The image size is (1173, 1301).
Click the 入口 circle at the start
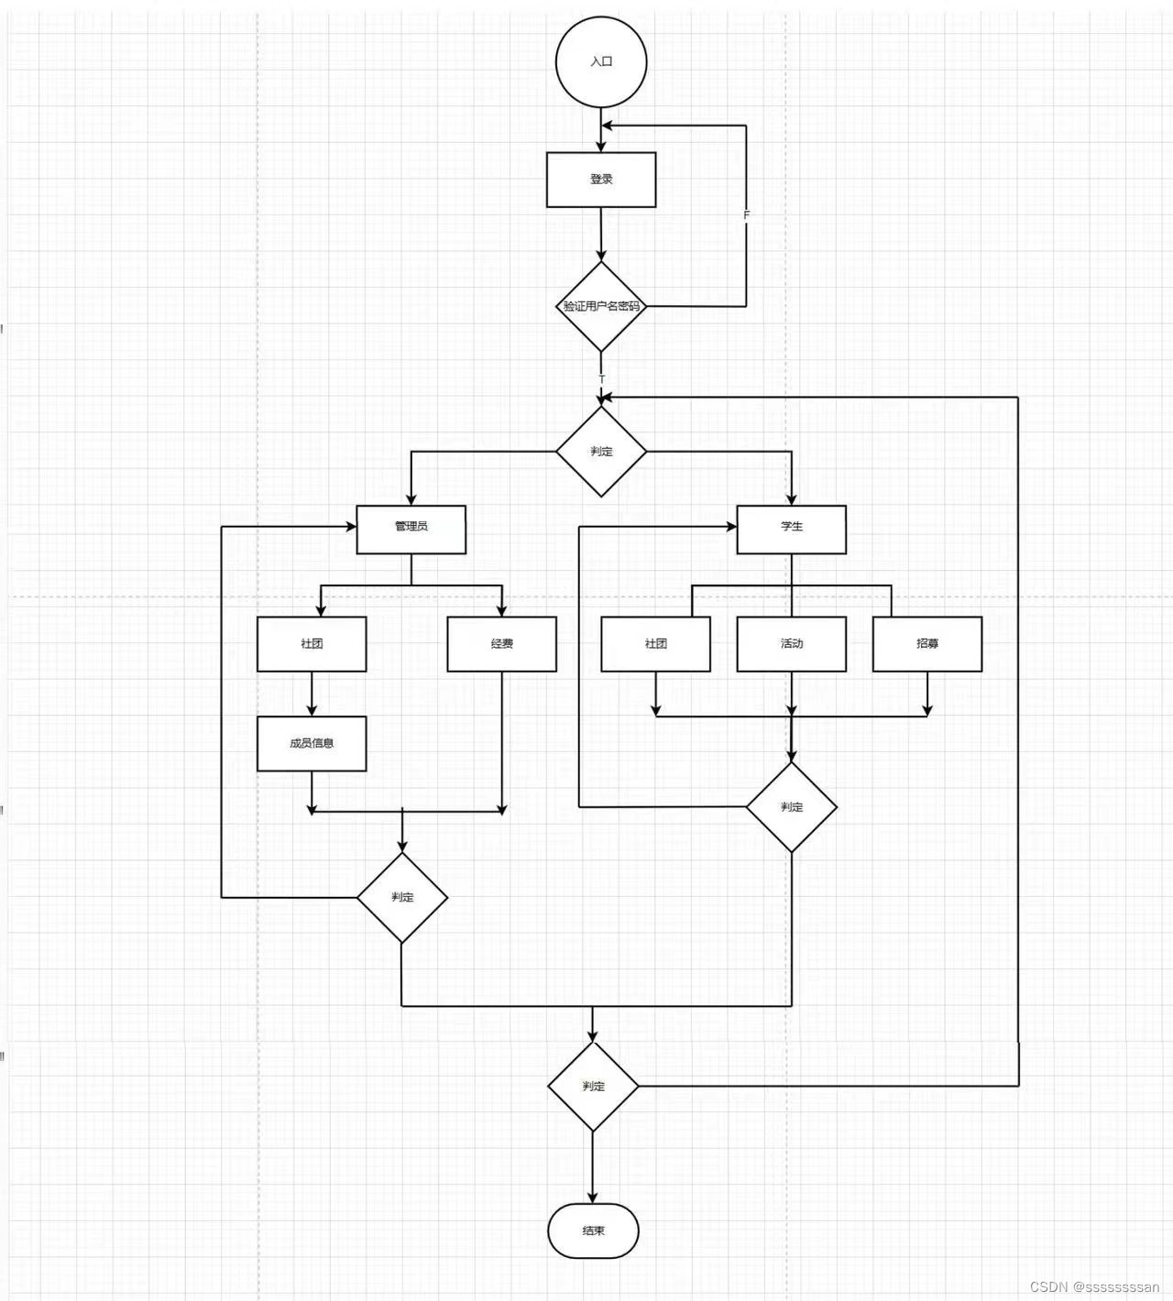[601, 61]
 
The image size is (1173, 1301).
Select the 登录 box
[601, 180]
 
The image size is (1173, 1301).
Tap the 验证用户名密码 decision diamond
[601, 306]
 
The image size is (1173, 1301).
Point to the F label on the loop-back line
[746, 215]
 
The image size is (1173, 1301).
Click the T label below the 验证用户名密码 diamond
[602, 378]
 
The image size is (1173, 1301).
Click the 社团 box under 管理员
[312, 644]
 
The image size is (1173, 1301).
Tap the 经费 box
[501, 644]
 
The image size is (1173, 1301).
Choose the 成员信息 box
[312, 743]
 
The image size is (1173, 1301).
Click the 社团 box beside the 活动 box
[655, 644]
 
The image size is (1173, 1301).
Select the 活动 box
[791, 644]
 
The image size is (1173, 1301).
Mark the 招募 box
[926, 644]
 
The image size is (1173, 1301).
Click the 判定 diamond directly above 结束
[593, 1086]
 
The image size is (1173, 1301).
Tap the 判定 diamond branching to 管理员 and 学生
[601, 452]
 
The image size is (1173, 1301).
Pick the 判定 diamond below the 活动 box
[791, 807]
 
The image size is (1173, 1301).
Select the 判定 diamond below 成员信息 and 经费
[401, 897]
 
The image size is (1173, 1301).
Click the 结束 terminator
[593, 1230]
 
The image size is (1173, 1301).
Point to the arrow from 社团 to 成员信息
[312, 694]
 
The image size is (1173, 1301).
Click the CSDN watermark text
[1094, 1286]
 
